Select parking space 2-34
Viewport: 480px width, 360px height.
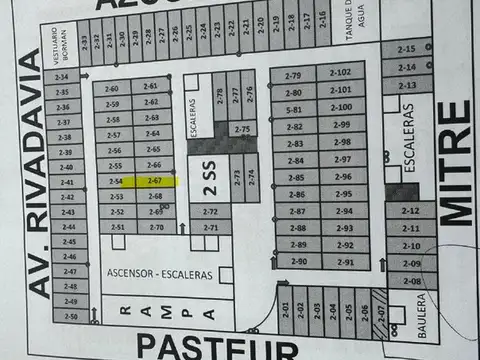coord(62,77)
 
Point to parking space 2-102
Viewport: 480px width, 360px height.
coord(340,73)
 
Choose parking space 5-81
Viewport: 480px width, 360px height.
coord(294,110)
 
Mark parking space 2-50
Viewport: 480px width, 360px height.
coord(70,317)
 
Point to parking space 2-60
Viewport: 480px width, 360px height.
coord(112,87)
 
